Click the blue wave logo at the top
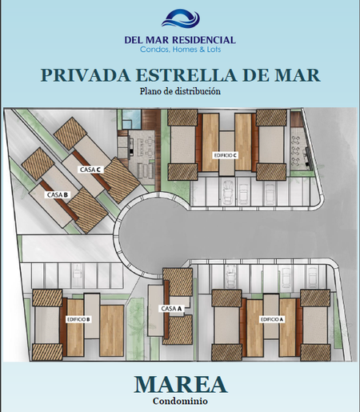click(181, 18)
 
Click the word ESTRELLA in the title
click(186, 75)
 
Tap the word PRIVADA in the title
click(86, 75)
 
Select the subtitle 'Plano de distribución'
click(180, 91)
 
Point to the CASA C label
click(90, 170)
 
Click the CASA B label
click(58, 195)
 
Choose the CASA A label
click(171, 309)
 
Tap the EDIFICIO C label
click(226, 155)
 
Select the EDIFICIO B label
click(78, 319)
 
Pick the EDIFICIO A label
click(272, 319)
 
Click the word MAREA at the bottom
click(181, 384)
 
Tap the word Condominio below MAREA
click(180, 401)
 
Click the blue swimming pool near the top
click(131, 118)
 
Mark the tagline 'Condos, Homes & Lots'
click(181, 50)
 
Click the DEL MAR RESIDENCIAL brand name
click(180, 40)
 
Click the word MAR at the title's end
click(298, 75)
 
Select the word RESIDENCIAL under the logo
click(204, 40)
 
